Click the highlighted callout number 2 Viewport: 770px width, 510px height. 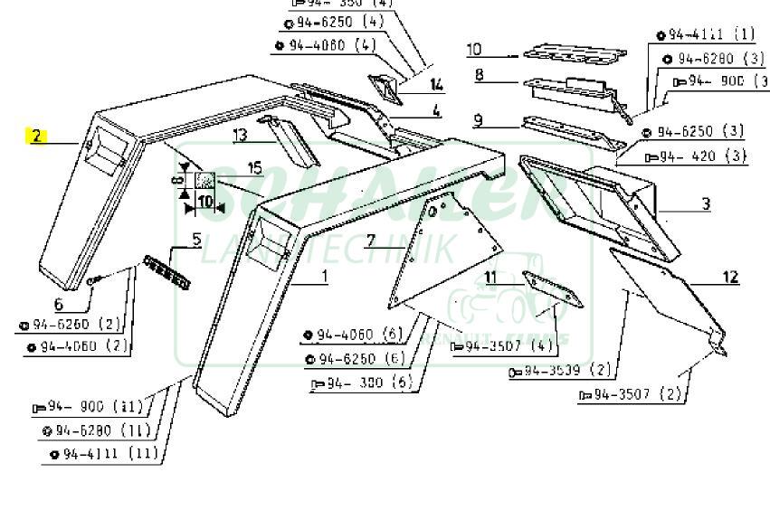[36, 137]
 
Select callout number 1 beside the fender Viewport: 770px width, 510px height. [325, 275]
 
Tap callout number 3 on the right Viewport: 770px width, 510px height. [706, 203]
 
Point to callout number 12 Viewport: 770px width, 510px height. [730, 277]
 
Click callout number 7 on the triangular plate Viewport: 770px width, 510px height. [369, 240]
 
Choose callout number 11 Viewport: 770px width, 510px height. [490, 276]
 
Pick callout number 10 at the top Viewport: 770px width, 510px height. [475, 50]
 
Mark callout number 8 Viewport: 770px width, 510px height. [479, 74]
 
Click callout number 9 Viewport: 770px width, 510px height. [478, 119]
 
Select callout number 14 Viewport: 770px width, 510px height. [437, 86]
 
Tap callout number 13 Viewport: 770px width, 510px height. [240, 136]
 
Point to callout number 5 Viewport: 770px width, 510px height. [195, 240]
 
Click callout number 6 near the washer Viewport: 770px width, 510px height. [59, 305]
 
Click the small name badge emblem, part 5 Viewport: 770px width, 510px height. [167, 272]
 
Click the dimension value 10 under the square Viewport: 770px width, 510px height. [205, 201]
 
